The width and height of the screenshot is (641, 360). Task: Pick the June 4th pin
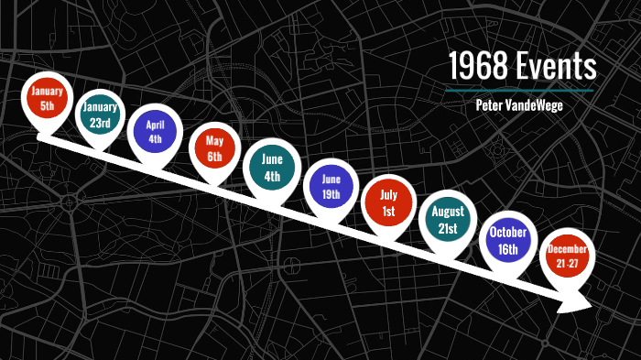tap(272, 165)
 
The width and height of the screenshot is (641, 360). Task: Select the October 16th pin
tap(505, 240)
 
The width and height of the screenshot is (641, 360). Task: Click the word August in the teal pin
tap(445, 212)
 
